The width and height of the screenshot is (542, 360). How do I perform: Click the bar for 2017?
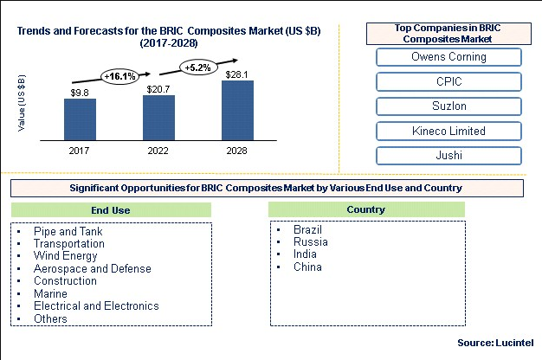click(80, 119)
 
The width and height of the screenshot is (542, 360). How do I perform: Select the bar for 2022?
click(158, 118)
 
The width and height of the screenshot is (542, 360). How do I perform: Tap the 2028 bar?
click(237, 111)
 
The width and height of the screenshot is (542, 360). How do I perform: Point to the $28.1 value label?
click(236, 74)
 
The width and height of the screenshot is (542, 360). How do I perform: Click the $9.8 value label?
click(80, 93)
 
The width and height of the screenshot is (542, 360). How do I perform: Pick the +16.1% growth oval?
click(119, 76)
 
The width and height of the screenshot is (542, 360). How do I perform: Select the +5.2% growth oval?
click(197, 67)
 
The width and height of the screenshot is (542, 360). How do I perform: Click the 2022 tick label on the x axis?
click(158, 151)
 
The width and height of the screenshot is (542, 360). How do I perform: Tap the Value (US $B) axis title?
click(22, 103)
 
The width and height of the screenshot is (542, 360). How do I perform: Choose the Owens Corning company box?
click(448, 57)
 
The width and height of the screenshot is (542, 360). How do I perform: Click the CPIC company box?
click(448, 81)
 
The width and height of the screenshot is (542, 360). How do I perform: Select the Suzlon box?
click(448, 106)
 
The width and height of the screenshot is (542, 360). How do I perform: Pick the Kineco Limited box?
click(448, 131)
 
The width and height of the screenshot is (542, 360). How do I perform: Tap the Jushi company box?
click(448, 156)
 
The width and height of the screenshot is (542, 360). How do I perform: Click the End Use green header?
click(111, 210)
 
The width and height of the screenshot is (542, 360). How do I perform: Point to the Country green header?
click(366, 209)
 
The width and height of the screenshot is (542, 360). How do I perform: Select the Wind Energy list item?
click(65, 256)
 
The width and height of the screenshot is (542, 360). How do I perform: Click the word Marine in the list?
click(50, 293)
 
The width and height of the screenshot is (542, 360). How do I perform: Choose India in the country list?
click(305, 254)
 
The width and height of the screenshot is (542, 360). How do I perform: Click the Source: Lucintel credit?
click(495, 343)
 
